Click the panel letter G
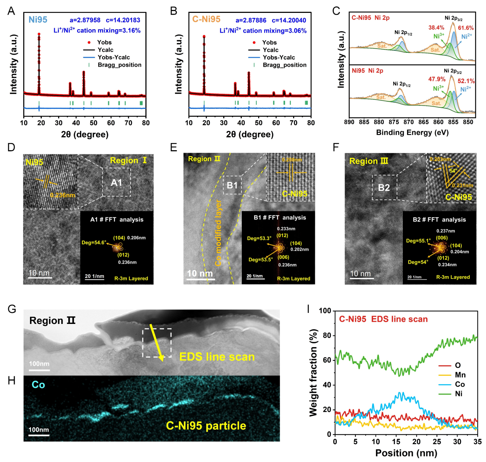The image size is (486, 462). pos(12,309)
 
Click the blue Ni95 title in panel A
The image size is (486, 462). pos(38,20)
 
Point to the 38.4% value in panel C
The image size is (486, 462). pos(436,28)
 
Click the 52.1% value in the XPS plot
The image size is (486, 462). pos(466,81)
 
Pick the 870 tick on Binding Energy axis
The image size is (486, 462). pos(409,122)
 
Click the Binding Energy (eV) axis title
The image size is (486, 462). pos(412,132)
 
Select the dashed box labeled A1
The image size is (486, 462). pos(117,182)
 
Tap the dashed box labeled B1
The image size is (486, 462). pos(232,185)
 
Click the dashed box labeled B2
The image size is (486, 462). pos(384,187)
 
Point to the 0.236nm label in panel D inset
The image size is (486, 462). pos(63,195)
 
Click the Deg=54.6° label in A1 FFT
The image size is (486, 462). pos(94,243)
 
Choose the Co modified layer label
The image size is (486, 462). pos(219,233)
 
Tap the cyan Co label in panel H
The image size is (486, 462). pos(38,385)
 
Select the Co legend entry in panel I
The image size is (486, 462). pos(460,384)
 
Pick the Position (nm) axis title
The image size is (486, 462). pos(406,453)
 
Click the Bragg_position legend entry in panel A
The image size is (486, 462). pos(119,65)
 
